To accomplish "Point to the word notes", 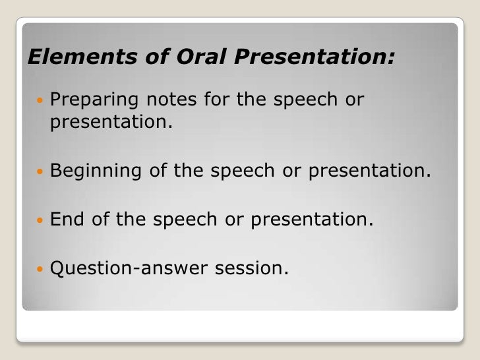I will coord(173,101).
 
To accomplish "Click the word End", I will coord(68,220).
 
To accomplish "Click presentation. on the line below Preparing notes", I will coord(109,123).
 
